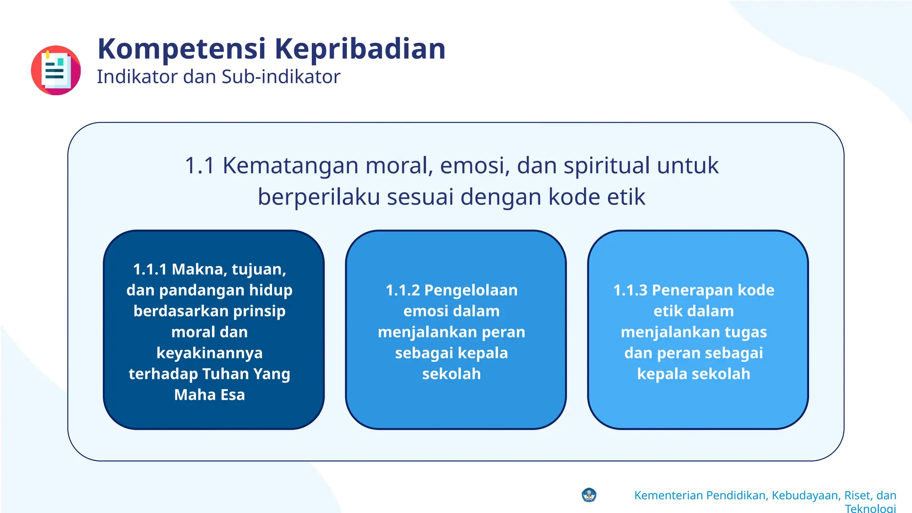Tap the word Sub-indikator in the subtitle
click(281, 77)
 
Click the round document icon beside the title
click(56, 70)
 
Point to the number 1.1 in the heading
click(199, 166)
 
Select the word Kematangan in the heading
click(290, 166)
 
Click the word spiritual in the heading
click(607, 166)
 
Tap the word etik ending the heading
click(626, 197)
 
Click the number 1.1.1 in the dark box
click(150, 269)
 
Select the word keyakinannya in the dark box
click(209, 353)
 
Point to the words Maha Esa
click(209, 395)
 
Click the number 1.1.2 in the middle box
click(403, 290)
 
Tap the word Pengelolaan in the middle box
click(471, 290)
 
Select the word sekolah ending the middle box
click(452, 374)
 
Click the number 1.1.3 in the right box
click(630, 290)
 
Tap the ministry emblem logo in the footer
click(589, 495)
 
